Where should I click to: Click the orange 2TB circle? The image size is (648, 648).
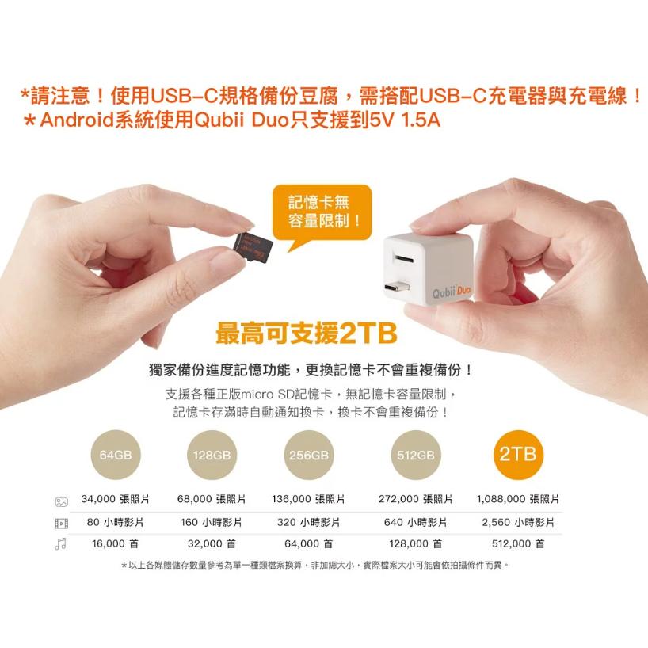coord(518,455)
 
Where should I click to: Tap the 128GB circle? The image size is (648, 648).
coord(212,456)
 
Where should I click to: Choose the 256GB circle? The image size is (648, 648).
coord(309,456)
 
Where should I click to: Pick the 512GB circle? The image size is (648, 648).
coord(416,456)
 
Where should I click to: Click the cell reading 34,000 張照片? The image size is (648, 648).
coord(116,500)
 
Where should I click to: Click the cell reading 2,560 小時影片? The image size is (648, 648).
coord(518,523)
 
